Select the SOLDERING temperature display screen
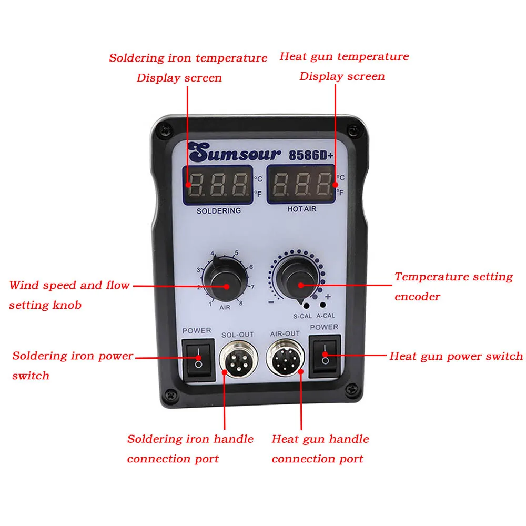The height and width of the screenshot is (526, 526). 218,185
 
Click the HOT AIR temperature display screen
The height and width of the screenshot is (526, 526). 300,184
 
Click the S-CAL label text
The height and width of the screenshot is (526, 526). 302,316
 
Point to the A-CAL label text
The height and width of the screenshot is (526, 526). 326,316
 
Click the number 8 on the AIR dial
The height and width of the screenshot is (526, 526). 241,303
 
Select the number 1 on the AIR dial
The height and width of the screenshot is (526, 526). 210,304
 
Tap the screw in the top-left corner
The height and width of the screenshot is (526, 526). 166,128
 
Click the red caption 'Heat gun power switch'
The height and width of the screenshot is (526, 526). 456,356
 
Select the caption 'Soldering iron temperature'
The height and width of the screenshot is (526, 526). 188,58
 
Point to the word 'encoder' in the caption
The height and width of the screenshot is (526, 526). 417,297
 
